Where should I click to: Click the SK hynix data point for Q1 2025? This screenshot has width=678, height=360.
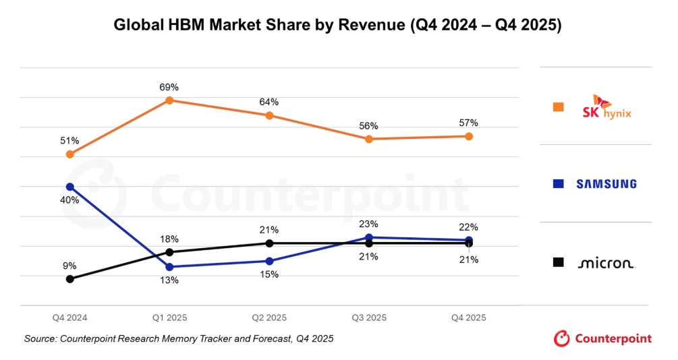click(169, 100)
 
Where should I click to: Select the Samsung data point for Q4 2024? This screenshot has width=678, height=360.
click(70, 187)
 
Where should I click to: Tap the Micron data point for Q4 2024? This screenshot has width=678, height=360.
click(70, 278)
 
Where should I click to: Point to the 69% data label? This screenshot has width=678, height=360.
click(169, 87)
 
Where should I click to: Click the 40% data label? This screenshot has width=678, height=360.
click(70, 200)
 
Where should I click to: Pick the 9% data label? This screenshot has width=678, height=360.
click(70, 266)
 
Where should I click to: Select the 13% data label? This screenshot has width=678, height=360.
click(169, 280)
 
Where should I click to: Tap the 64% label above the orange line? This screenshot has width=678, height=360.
click(269, 102)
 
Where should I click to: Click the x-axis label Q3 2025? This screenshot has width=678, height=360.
click(369, 317)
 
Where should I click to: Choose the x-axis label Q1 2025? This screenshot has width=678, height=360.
click(169, 317)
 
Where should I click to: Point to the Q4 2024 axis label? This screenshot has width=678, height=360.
click(70, 317)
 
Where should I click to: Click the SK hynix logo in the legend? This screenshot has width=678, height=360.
click(606, 107)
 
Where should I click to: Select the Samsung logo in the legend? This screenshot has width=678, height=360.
click(606, 184)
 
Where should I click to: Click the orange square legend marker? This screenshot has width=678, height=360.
click(558, 107)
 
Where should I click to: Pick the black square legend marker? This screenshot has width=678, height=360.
click(558, 262)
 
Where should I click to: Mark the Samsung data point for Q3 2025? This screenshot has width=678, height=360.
click(369, 237)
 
